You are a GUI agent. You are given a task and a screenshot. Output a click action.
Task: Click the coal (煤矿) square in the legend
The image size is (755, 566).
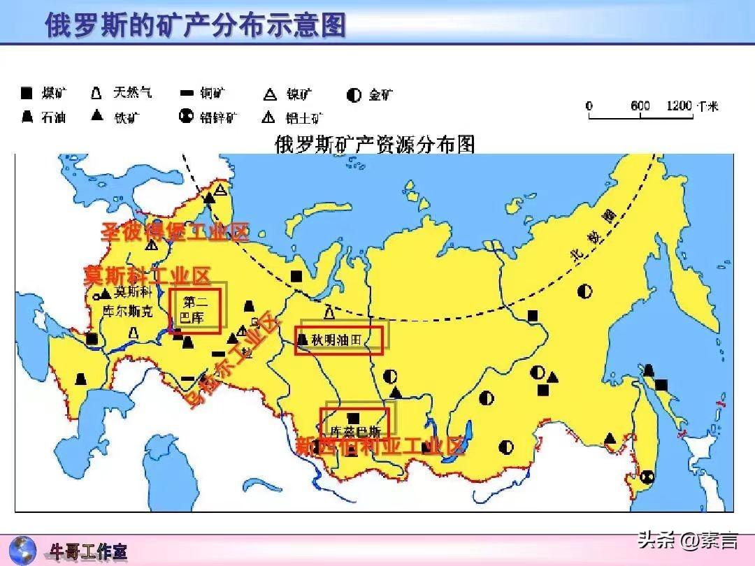pyautogui.click(x=27, y=94)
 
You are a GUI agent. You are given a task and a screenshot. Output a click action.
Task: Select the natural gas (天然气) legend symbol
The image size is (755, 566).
pyautogui.click(x=97, y=93)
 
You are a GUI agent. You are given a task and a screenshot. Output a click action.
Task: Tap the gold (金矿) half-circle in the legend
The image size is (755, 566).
pyautogui.click(x=354, y=95)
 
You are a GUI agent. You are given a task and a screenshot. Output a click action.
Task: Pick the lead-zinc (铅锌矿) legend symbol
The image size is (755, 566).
pyautogui.click(x=186, y=116)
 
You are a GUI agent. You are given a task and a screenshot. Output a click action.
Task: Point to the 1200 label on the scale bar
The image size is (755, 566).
pyautogui.click(x=679, y=106)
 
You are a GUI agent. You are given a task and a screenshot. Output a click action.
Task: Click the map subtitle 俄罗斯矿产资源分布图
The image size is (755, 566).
pyautogui.click(x=375, y=145)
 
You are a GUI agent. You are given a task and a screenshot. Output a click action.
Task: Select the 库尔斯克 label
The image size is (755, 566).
pyautogui.click(x=127, y=312)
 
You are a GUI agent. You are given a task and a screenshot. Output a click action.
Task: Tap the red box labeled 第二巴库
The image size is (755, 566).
pyautogui.click(x=196, y=311)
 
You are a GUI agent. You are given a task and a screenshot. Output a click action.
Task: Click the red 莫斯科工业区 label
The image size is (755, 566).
pyautogui.click(x=147, y=275)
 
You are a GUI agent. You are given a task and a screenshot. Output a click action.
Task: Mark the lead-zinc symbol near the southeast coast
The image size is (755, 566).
pyautogui.click(x=648, y=476)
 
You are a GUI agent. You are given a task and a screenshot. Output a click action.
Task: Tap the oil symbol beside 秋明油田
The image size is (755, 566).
pyautogui.click(x=302, y=340)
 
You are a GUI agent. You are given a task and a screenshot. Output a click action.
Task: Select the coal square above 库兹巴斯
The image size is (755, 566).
pyautogui.click(x=354, y=417)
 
